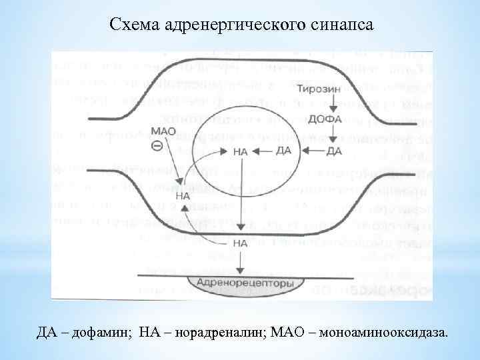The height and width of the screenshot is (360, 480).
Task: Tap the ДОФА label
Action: click(325, 119)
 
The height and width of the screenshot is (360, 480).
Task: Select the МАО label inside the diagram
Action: click(163, 131)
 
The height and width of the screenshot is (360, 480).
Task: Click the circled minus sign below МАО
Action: click(157, 146)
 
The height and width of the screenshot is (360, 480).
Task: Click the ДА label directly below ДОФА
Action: click(334, 151)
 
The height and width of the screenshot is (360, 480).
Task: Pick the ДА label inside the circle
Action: click(283, 151)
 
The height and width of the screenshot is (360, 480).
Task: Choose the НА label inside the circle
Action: click(241, 151)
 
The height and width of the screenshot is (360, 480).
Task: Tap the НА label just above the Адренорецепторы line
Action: click(241, 243)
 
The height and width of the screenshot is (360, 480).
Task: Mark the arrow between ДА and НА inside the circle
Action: click(263, 151)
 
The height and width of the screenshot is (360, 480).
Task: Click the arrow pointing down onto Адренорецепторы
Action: click(242, 261)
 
